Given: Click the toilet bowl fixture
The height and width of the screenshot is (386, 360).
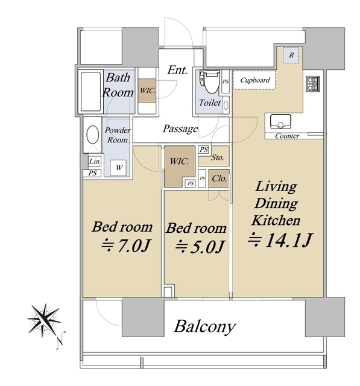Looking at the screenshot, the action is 209,81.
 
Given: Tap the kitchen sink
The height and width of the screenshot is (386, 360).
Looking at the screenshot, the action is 280,121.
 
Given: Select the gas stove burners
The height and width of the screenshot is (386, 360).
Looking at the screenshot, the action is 313,84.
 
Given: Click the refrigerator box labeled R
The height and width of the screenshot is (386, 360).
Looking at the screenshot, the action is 291,55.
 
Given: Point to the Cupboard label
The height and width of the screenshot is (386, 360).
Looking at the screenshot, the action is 254,80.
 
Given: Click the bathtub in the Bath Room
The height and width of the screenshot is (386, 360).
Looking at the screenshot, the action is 90,92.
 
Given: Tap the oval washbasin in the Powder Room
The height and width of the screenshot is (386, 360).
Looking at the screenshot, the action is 93,134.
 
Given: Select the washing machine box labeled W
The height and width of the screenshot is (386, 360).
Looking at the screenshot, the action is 118,168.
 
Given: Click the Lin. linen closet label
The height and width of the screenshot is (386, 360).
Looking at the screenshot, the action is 95,161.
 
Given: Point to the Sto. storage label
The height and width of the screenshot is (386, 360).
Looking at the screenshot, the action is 218,157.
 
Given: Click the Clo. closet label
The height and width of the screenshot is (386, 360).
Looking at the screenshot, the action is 219,178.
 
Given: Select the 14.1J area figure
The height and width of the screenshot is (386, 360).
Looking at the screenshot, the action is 280,239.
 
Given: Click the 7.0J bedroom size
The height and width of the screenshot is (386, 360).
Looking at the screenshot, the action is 126,245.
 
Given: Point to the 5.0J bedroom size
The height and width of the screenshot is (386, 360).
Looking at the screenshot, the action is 200,247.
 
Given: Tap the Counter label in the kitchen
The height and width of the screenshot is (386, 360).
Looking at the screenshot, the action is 287,136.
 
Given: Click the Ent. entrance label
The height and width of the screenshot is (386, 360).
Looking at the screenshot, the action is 177,70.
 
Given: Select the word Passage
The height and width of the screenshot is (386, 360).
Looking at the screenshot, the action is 180,128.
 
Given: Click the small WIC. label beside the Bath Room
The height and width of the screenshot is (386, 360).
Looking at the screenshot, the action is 147,90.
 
